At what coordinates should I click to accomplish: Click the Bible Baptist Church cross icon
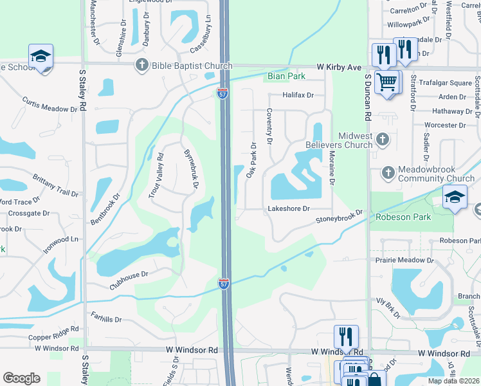click(x=141, y=65)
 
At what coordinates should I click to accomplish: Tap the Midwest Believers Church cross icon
click(x=382, y=139)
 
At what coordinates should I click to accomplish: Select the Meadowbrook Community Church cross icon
click(x=387, y=172)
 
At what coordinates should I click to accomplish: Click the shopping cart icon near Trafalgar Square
click(x=386, y=82)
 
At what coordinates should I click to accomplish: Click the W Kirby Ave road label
click(x=339, y=66)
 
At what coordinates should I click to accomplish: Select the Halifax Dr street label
click(x=298, y=95)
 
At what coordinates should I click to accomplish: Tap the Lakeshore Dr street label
click(x=289, y=208)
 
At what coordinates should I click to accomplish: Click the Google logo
click(x=21, y=378)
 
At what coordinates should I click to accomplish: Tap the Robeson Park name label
click(x=404, y=217)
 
